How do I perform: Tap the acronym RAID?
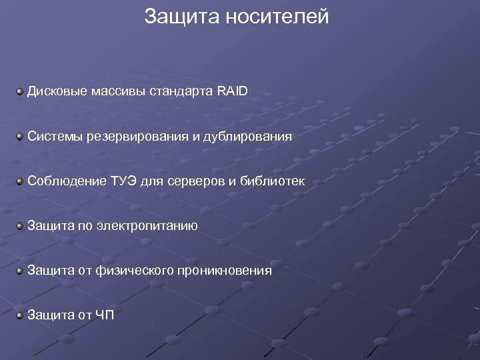click(232, 91)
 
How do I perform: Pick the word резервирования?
click(137, 137)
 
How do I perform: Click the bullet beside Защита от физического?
click(21, 271)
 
